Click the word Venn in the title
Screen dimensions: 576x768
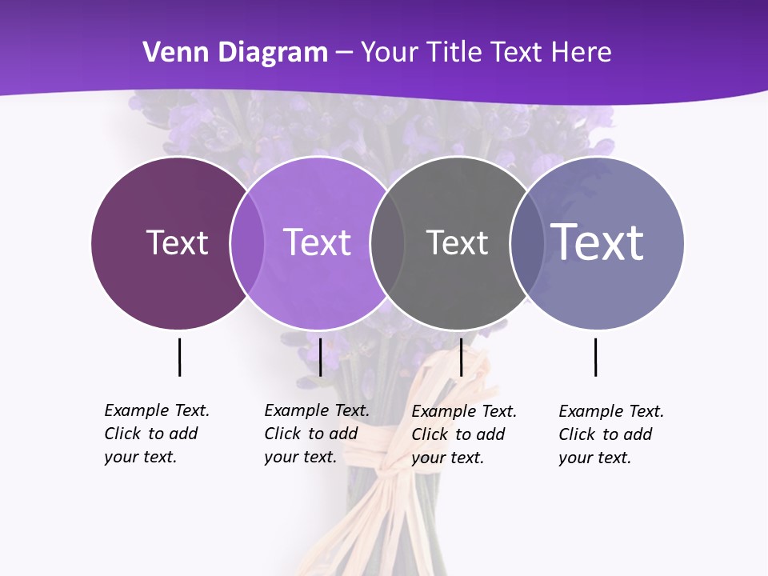(168, 53)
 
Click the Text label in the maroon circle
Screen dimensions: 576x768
(177, 242)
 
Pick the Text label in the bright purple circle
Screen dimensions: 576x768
(318, 242)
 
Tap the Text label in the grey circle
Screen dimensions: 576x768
(457, 242)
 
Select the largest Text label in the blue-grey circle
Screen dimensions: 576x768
(598, 242)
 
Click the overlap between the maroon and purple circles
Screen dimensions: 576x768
(247, 242)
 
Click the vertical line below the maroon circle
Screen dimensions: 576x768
(179, 357)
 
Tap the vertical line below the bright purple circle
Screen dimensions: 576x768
(320, 357)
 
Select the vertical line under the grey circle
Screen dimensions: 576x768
(461, 357)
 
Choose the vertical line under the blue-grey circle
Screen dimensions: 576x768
(595, 357)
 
